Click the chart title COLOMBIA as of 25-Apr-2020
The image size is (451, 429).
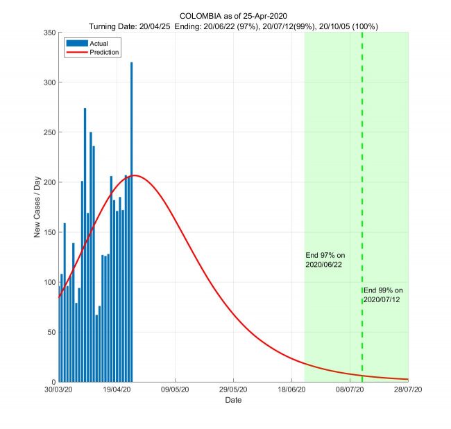pyautogui.click(x=233, y=15)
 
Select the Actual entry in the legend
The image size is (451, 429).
pyautogui.click(x=90, y=43)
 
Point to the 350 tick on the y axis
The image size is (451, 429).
pyautogui.click(x=49, y=33)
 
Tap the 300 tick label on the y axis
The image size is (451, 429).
pyautogui.click(x=49, y=82)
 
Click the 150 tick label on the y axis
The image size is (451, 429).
pyautogui.click(x=49, y=232)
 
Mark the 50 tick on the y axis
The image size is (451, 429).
pyautogui.click(x=51, y=332)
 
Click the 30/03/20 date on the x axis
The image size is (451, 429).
pyautogui.click(x=59, y=390)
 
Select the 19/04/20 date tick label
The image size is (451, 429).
pyautogui.click(x=117, y=390)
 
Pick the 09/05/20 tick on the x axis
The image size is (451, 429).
pyautogui.click(x=176, y=390)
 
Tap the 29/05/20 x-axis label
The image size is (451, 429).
pyautogui.click(x=234, y=390)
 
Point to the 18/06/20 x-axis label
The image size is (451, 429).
pyautogui.click(x=292, y=390)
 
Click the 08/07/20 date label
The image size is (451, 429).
pyautogui.click(x=350, y=390)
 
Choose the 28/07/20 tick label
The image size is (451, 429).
pyautogui.click(x=408, y=390)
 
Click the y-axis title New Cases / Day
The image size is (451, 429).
pyautogui.click(x=37, y=207)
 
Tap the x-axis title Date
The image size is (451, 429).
pyautogui.click(x=233, y=400)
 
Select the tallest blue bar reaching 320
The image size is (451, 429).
pyautogui.click(x=131, y=222)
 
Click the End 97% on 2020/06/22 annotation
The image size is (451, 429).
pyautogui.click(x=325, y=260)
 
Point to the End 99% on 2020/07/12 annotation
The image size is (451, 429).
pyautogui.click(x=383, y=295)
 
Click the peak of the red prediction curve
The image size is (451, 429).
pyautogui.click(x=135, y=175)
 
